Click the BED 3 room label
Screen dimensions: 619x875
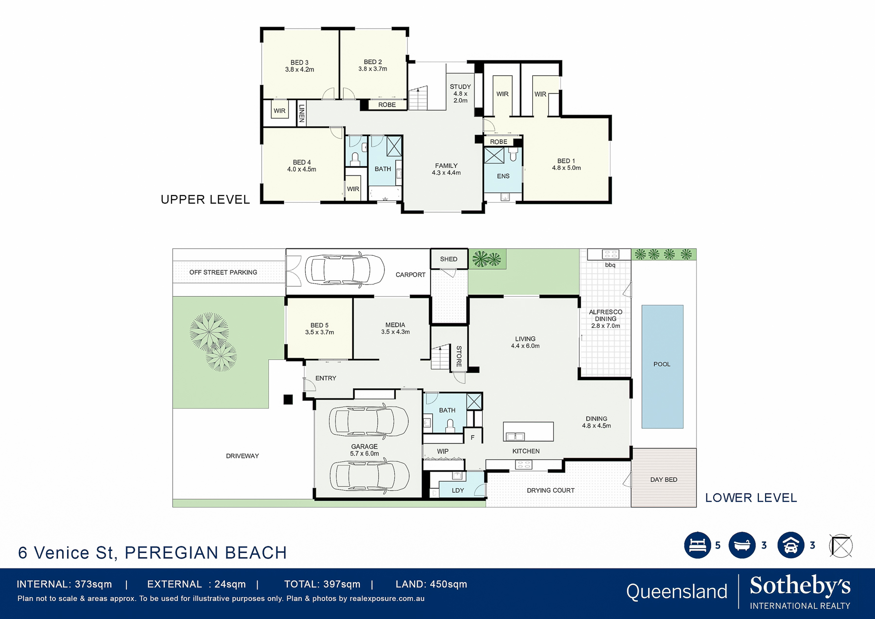tap(299, 66)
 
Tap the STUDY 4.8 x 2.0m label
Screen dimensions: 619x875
tap(460, 93)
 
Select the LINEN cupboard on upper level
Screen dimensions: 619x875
tap(302, 113)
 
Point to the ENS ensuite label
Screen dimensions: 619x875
tap(503, 176)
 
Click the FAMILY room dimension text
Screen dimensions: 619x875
tap(446, 173)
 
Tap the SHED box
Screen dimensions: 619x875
tap(449, 259)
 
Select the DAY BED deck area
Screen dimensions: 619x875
tap(664, 478)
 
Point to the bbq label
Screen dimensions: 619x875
tap(610, 265)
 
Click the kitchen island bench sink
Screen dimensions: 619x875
tap(515, 436)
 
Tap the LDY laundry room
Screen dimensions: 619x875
tap(458, 490)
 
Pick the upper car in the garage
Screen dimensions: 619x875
tap(368, 421)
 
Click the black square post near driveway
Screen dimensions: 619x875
tap(288, 399)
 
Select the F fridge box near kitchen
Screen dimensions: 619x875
tap(472, 437)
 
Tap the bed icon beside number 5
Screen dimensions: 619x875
tap(697, 545)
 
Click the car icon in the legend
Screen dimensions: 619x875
tap(790, 545)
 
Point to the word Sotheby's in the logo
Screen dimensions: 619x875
tap(800, 586)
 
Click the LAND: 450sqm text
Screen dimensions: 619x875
tap(431, 584)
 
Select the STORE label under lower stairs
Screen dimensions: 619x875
tap(459, 356)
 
